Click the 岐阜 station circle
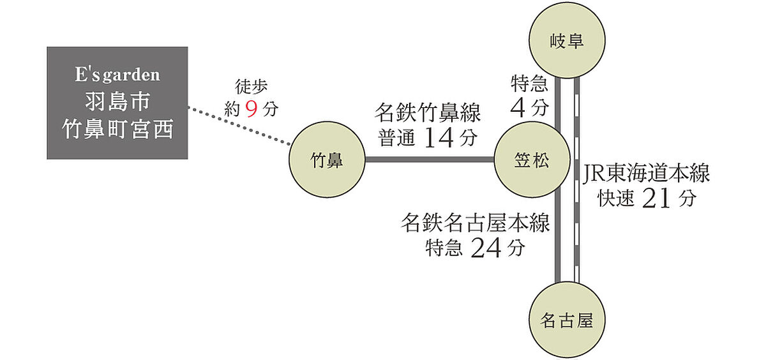[567, 42]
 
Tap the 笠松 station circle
[530, 160]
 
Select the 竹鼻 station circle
[326, 160]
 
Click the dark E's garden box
[117, 103]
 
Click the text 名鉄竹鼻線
[428, 114]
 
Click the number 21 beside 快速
[658, 199]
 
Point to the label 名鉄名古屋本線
[475, 223]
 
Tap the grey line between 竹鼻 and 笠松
[430, 160]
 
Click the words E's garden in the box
[117, 75]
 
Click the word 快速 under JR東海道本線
[615, 199]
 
